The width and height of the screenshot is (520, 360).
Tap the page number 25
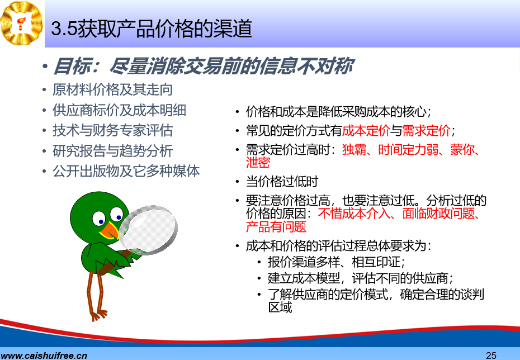coord(491,356)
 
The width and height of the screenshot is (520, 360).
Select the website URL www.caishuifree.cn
coord(44,356)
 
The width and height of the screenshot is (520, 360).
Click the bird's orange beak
coord(109,230)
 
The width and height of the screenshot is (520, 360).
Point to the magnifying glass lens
coord(148,229)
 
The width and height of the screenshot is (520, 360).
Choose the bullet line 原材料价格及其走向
coord(112,90)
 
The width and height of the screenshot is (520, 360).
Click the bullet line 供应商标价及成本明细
coord(119,110)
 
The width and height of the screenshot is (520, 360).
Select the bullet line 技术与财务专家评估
coord(112,131)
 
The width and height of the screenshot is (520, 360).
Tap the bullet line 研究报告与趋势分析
coord(112,151)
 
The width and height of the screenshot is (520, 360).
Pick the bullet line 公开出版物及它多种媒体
coord(126,172)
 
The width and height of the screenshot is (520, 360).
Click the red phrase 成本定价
coord(366,131)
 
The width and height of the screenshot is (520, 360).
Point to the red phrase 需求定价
coord(426,131)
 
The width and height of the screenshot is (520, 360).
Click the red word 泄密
coord(258,163)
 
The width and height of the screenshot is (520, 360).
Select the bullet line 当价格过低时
coord(282,182)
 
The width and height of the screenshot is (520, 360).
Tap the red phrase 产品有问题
coord(276,227)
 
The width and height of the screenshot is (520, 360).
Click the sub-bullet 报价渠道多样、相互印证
coord(336,262)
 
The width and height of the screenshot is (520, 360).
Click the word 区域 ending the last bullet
coord(280,307)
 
